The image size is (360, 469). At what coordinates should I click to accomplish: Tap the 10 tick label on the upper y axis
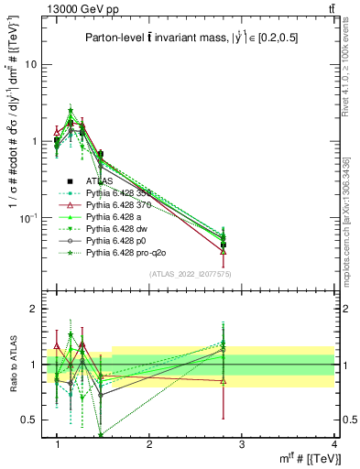click(30, 64)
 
